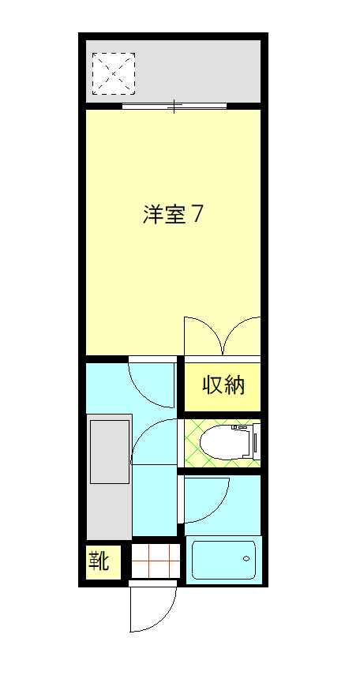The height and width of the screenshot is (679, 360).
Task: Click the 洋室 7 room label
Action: click(173, 215)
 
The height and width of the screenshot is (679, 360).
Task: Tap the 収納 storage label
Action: click(223, 386)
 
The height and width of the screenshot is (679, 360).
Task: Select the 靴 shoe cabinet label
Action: click(99, 562)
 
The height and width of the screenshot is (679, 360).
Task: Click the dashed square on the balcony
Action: click(114, 73)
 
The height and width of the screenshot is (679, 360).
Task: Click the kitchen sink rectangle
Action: click(110, 452)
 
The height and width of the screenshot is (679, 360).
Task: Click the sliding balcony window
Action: click(175, 105)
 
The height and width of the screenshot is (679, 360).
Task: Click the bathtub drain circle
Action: click(247, 560)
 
